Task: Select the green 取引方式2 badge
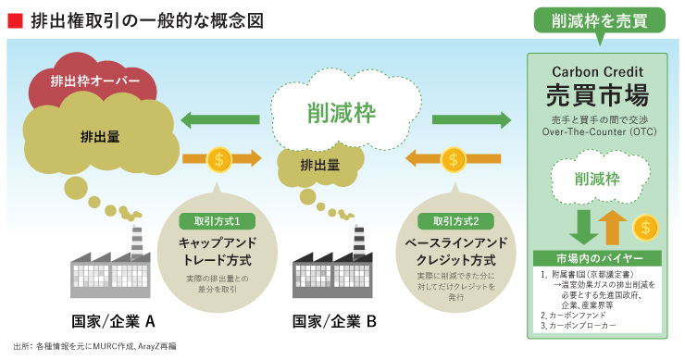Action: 449,221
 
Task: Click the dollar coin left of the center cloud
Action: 218,158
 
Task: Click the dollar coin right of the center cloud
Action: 453,158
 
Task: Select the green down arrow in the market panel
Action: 581,228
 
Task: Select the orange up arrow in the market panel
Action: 612,228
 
